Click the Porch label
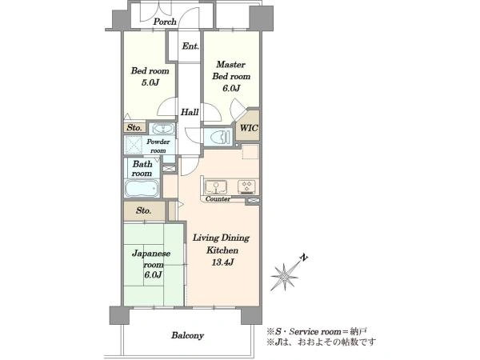click(x=165, y=22)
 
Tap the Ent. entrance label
click(x=190, y=46)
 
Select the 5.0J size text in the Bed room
click(x=150, y=82)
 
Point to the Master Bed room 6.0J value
click(x=231, y=88)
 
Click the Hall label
click(x=190, y=112)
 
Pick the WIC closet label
click(x=249, y=128)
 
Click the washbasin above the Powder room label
click(x=163, y=129)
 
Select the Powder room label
click(x=158, y=146)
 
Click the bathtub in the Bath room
click(x=142, y=188)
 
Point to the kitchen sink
click(x=216, y=186)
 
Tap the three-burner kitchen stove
click(x=247, y=186)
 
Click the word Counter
click(x=218, y=198)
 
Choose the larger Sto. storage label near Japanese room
click(x=143, y=210)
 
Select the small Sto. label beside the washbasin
click(x=134, y=127)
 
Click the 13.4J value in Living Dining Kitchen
click(x=222, y=262)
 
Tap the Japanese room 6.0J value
click(x=153, y=274)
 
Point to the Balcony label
click(x=187, y=335)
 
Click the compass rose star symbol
click(x=284, y=277)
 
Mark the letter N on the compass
click(x=303, y=258)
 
